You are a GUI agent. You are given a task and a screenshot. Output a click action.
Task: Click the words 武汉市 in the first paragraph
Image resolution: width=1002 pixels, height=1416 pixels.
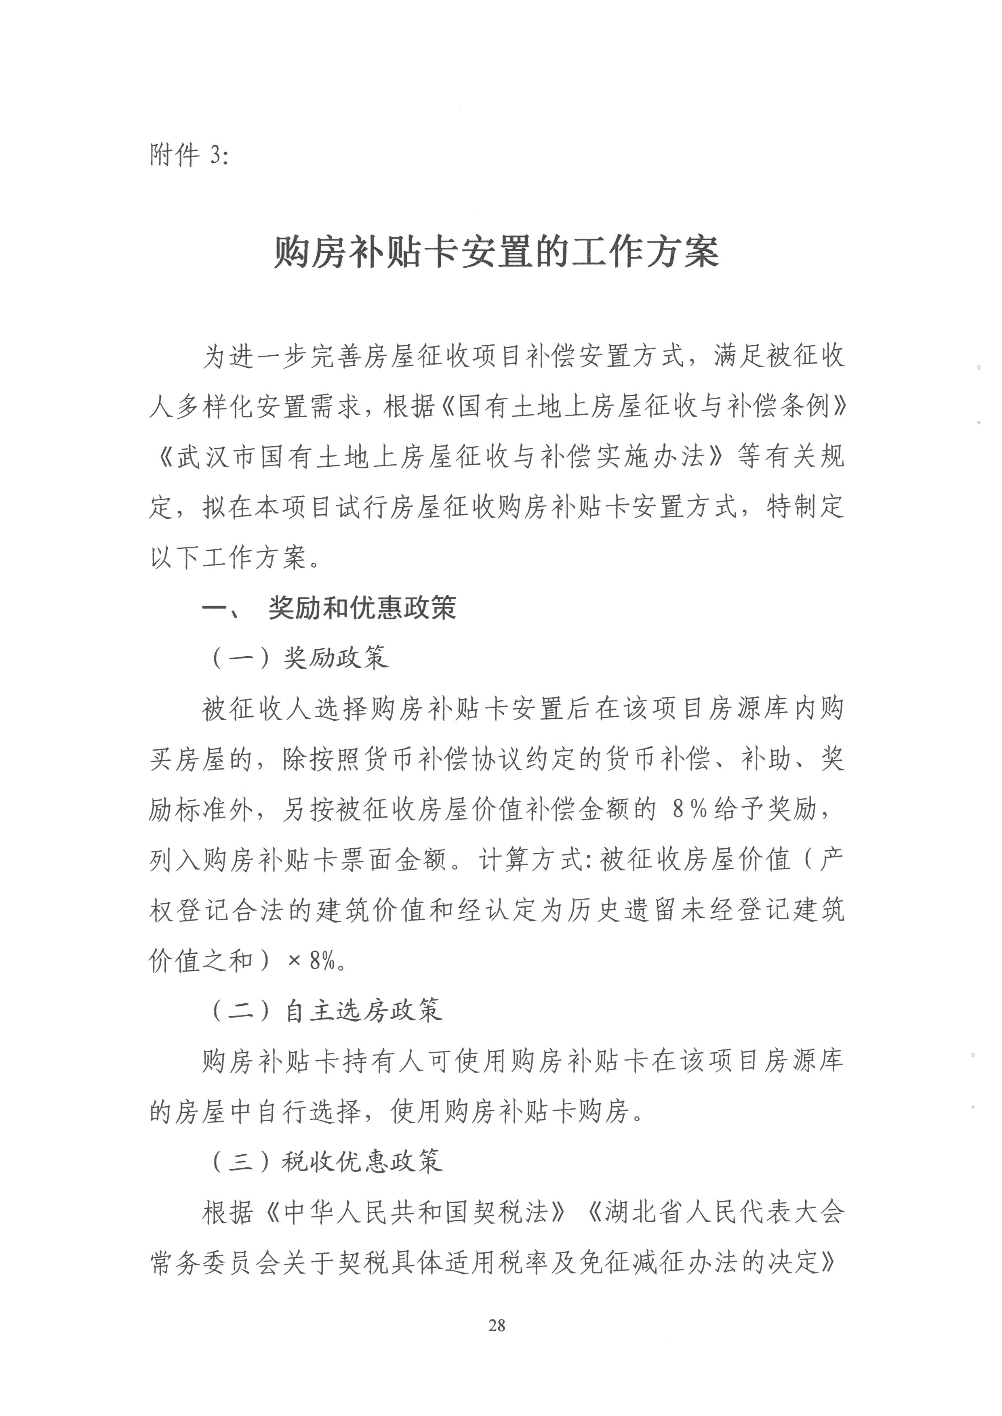pyautogui.click(x=217, y=457)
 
